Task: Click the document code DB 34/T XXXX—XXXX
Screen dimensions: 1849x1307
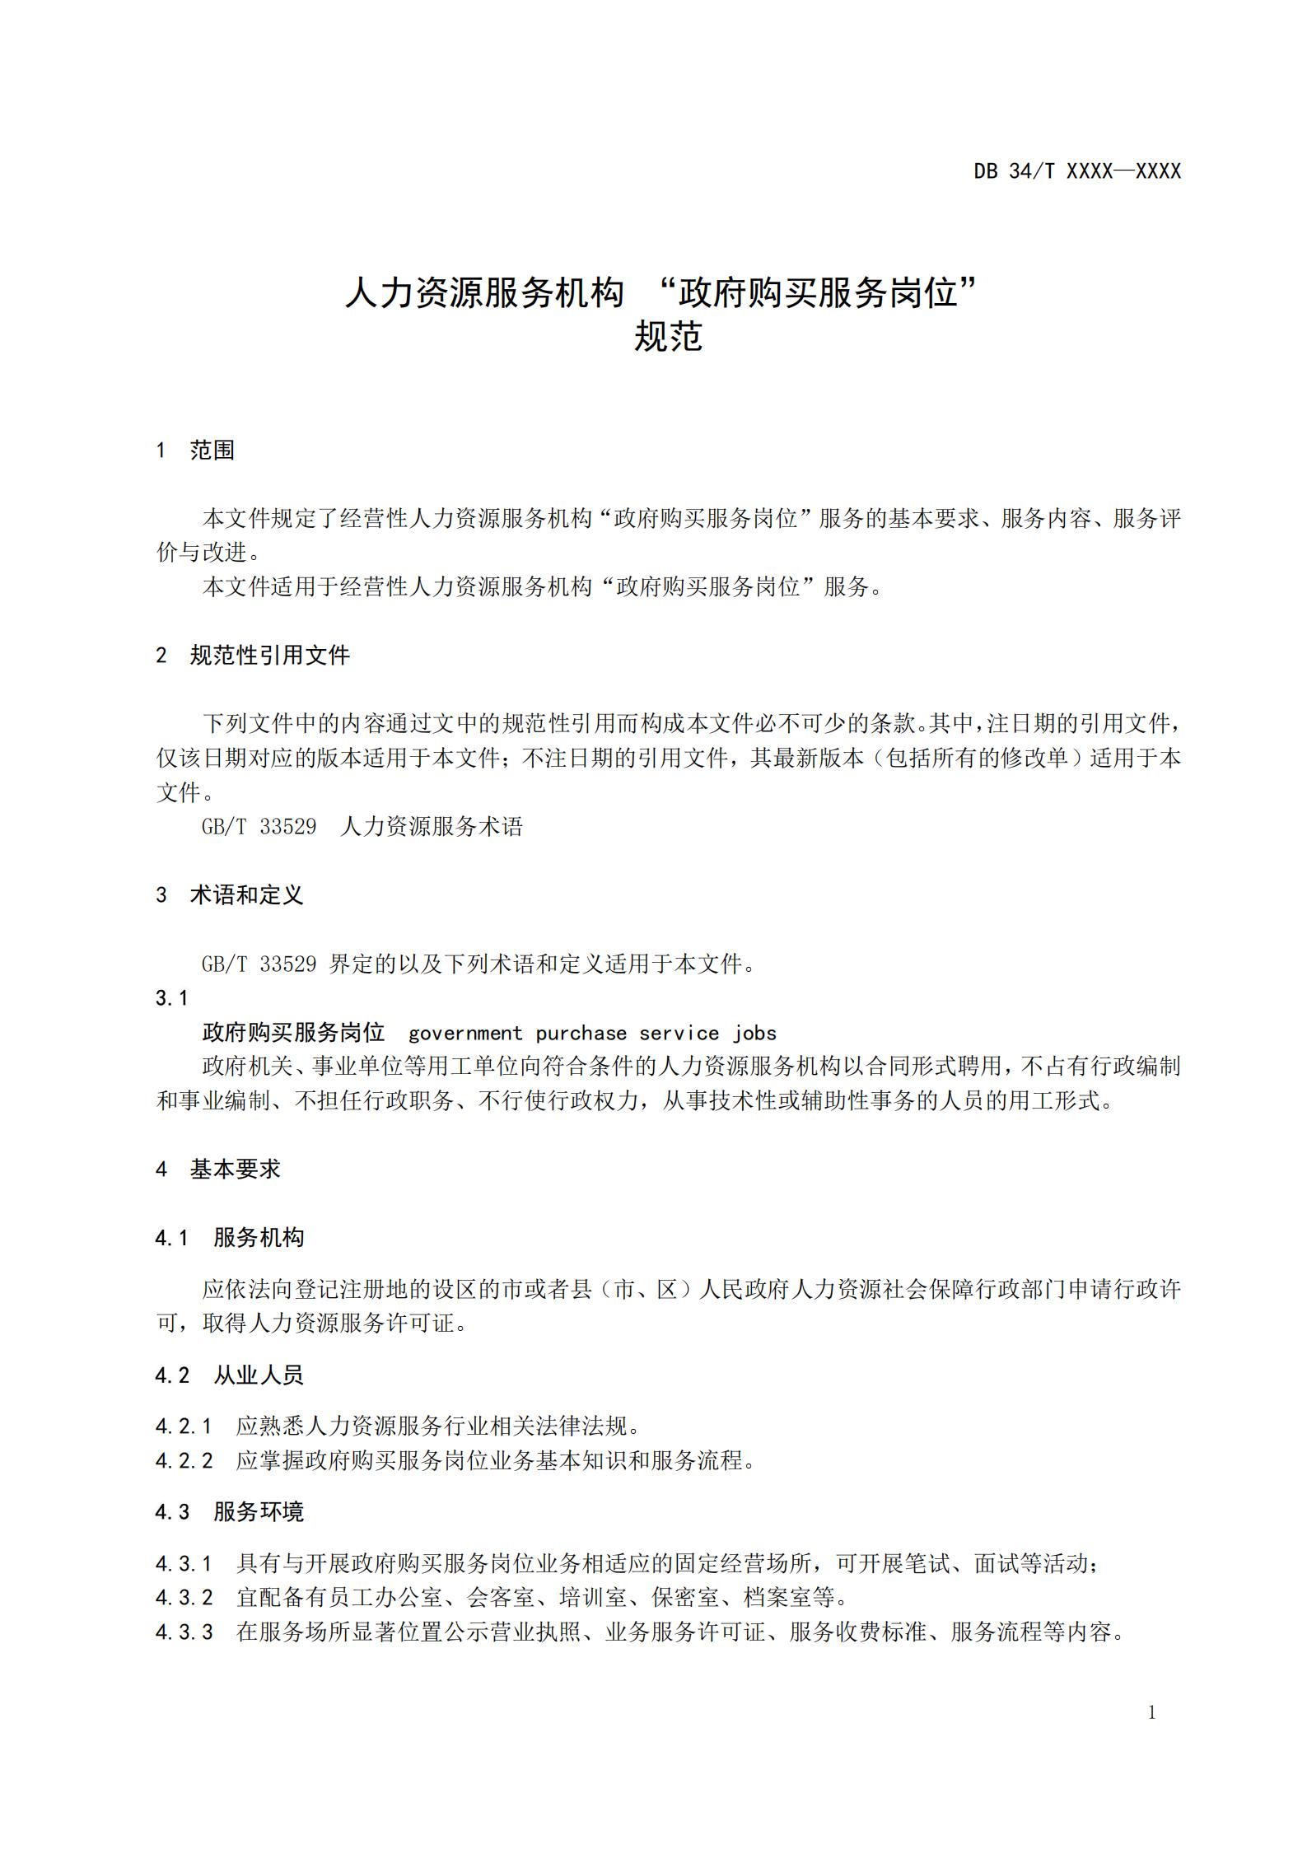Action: tap(1076, 171)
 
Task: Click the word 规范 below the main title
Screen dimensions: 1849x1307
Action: tap(667, 337)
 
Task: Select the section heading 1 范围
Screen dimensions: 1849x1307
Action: tap(195, 450)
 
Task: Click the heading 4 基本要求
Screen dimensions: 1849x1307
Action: tap(217, 1169)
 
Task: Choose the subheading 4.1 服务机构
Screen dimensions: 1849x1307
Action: tap(230, 1237)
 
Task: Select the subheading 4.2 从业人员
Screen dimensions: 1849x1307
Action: tap(230, 1375)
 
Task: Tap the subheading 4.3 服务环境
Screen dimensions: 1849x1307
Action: tap(230, 1511)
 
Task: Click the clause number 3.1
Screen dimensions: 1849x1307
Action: tap(171, 998)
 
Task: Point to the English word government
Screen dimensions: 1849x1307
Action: tap(465, 1033)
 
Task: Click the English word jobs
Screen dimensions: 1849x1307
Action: tap(755, 1033)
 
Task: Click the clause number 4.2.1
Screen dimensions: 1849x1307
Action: tap(184, 1426)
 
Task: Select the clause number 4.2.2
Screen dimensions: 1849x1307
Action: tap(184, 1460)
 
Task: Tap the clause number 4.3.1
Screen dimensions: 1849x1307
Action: tap(184, 1563)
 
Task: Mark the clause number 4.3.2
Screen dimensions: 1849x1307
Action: tap(184, 1598)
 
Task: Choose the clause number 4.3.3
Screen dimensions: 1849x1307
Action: tap(184, 1632)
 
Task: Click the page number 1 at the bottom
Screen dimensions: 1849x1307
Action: tap(1151, 1713)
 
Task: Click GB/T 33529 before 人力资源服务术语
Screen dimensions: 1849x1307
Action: tap(259, 826)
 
